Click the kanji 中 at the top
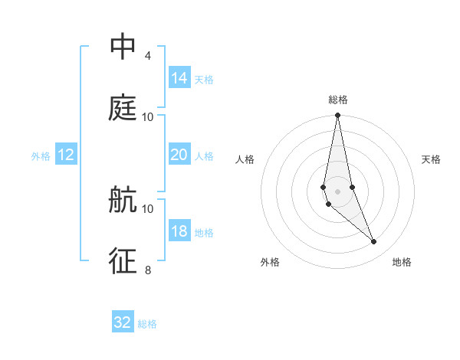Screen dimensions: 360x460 coord(123,47)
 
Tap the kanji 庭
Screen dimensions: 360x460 coord(123,108)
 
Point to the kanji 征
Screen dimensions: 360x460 coord(123,260)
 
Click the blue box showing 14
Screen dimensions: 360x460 coord(179,78)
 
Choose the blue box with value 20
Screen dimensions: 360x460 coord(179,155)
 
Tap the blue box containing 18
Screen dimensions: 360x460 coord(179,231)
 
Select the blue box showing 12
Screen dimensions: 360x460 coord(67,155)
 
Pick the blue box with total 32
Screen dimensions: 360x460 coord(123,322)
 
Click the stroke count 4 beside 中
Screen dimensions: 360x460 coord(147,56)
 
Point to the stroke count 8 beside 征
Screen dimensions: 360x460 coord(147,270)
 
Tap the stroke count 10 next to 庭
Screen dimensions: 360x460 coord(148,116)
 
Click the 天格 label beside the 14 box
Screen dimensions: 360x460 coord(204,80)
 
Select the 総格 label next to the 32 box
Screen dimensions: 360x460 coord(147,324)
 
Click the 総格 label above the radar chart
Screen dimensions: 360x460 coord(338,100)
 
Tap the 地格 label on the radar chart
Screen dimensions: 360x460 coord(402,263)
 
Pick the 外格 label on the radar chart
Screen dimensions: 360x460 coord(270,263)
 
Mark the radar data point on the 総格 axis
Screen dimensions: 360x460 coord(337,116)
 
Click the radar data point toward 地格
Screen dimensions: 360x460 coord(374,242)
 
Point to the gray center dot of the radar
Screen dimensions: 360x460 coord(337,191)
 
